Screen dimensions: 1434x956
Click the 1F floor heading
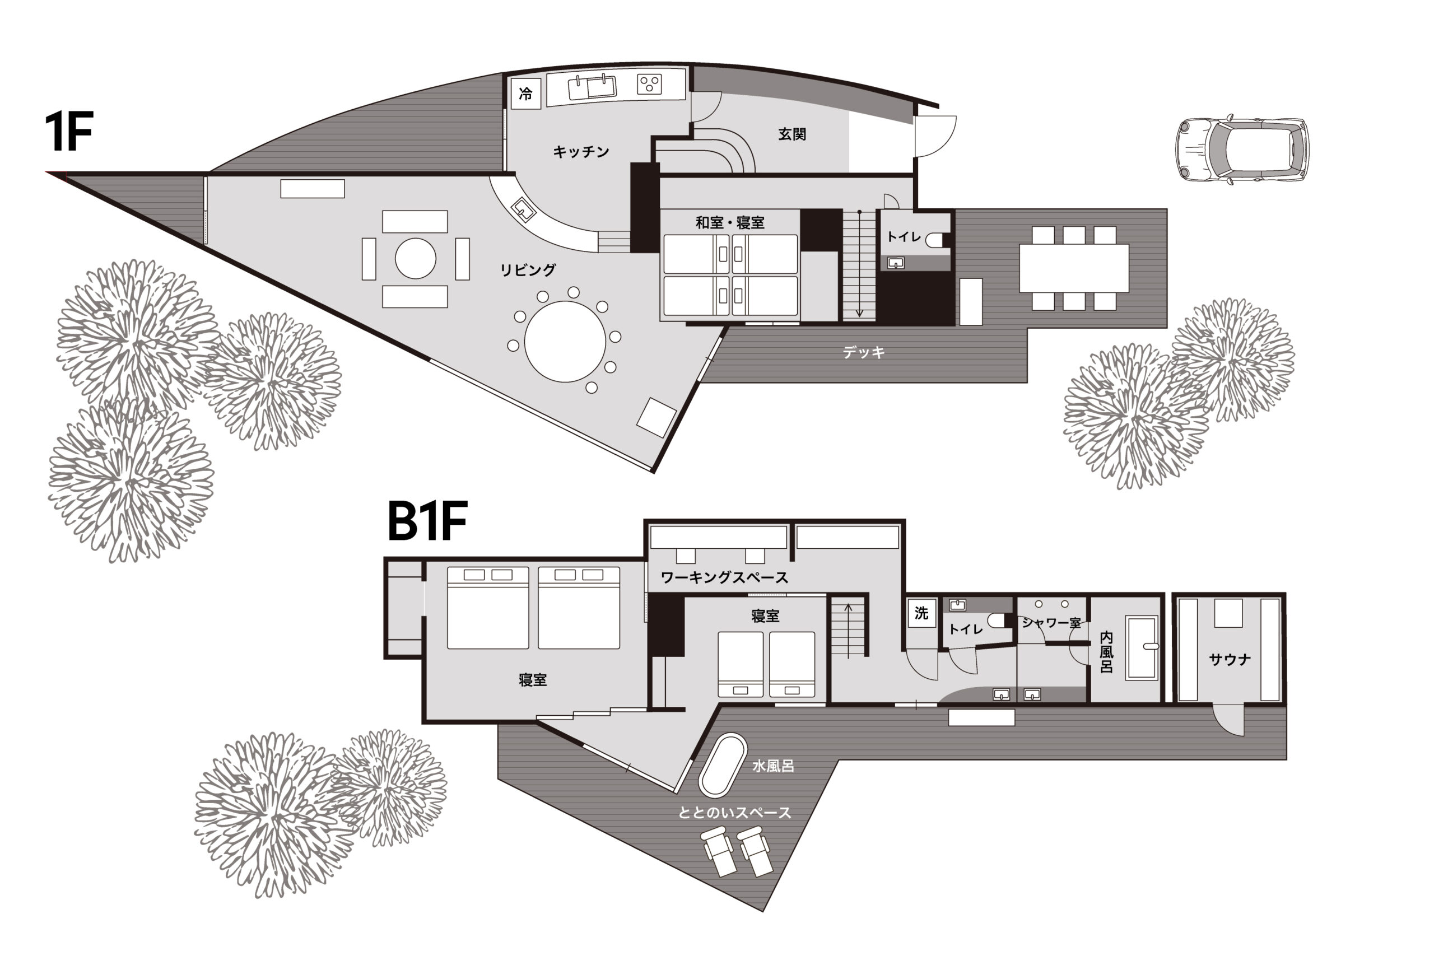69,132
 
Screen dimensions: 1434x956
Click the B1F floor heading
427,521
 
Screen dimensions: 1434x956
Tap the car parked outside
1242,149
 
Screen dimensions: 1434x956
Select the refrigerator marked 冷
525,94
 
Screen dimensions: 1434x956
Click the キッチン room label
581,152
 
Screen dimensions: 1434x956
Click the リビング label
528,269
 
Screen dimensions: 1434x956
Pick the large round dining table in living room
565,342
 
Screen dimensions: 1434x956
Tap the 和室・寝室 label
730,222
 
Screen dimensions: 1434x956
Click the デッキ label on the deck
863,352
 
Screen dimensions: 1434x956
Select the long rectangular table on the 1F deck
1074,268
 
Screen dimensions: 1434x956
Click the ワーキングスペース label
724,577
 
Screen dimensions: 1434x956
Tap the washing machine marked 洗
921,613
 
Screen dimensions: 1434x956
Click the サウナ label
1230,659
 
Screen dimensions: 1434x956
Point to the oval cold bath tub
723,766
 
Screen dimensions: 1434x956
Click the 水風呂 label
773,766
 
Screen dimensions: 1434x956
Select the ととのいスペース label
735,813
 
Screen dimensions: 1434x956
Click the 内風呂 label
1106,652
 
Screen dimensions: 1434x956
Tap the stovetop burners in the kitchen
649,84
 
